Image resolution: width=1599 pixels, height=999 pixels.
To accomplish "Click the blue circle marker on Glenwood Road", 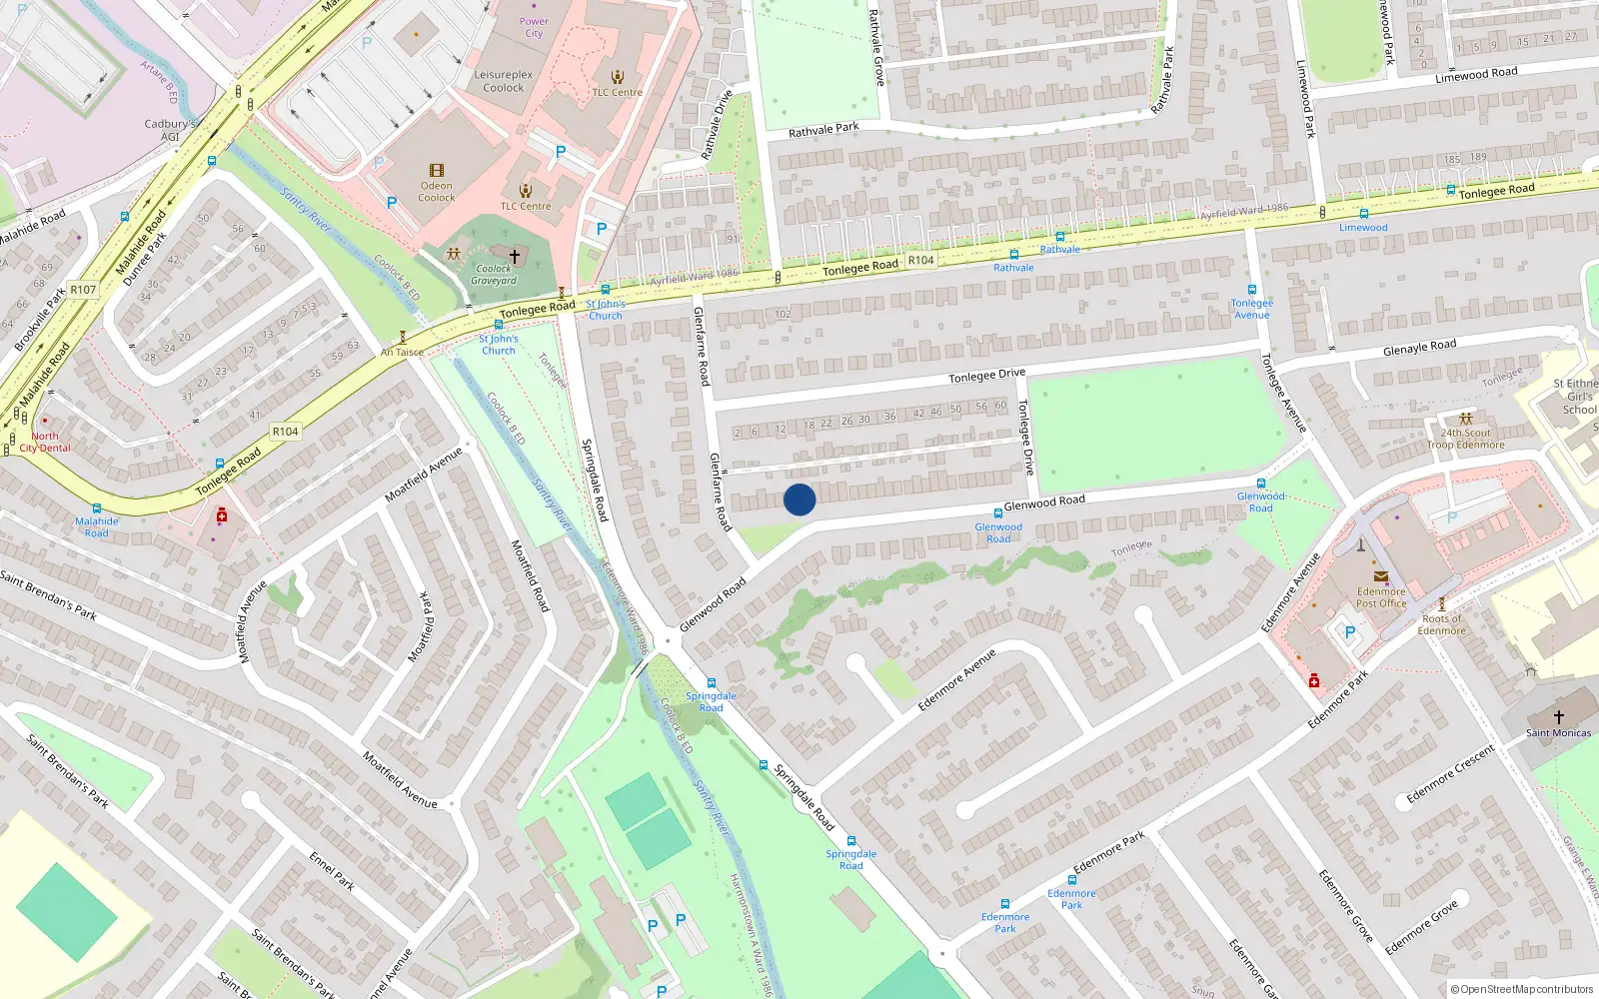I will (x=799, y=499).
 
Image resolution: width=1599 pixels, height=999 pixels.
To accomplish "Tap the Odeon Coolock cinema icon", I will (x=436, y=171).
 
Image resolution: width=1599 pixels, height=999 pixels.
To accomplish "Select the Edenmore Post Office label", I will (x=1381, y=597).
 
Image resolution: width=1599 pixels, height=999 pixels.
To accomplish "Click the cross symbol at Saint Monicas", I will (x=1558, y=717).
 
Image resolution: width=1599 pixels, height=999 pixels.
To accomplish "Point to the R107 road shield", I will (x=83, y=290).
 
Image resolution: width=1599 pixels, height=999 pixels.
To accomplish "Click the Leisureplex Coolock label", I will (x=504, y=81).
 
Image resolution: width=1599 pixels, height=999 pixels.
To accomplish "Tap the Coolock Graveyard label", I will (x=494, y=275).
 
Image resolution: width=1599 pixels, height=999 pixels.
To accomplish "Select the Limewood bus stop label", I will (x=1363, y=228).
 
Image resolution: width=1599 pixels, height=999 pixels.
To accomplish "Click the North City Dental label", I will (x=45, y=442).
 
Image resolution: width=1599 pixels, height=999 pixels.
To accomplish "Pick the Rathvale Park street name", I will (x=823, y=130).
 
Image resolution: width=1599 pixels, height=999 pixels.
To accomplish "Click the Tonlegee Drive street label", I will (x=986, y=376).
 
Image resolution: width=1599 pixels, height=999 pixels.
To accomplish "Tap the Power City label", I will (x=534, y=27).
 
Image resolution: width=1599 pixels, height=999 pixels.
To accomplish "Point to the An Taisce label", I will (x=402, y=352).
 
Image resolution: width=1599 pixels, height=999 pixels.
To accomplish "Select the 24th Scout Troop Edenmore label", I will (x=1465, y=439).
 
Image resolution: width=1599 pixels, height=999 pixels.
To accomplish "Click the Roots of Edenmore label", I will (x=1441, y=624).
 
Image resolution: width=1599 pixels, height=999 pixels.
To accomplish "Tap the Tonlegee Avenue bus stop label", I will (x=1251, y=309).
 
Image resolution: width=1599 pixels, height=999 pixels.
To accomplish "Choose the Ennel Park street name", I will (x=332, y=871).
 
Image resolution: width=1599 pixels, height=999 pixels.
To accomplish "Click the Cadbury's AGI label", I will (x=170, y=130).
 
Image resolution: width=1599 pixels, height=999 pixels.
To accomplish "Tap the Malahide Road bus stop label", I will (x=97, y=526).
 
